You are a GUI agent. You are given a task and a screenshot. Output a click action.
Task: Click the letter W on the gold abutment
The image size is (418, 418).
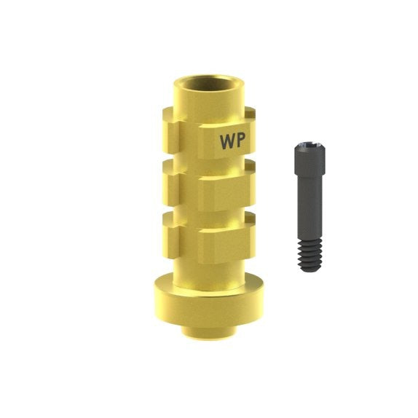(226, 141)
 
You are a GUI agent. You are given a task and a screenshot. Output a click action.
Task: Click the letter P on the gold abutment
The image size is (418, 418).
(240, 141)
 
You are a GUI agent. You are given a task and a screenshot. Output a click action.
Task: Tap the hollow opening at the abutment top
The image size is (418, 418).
(208, 82)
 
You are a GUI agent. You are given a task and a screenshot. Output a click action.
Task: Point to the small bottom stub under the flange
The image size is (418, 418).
(209, 334)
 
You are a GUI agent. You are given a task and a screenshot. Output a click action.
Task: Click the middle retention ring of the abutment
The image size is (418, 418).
(209, 184)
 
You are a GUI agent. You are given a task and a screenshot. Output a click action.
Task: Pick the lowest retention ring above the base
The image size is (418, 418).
(209, 237)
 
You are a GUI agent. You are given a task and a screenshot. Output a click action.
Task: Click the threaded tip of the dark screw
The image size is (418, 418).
(311, 255)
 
